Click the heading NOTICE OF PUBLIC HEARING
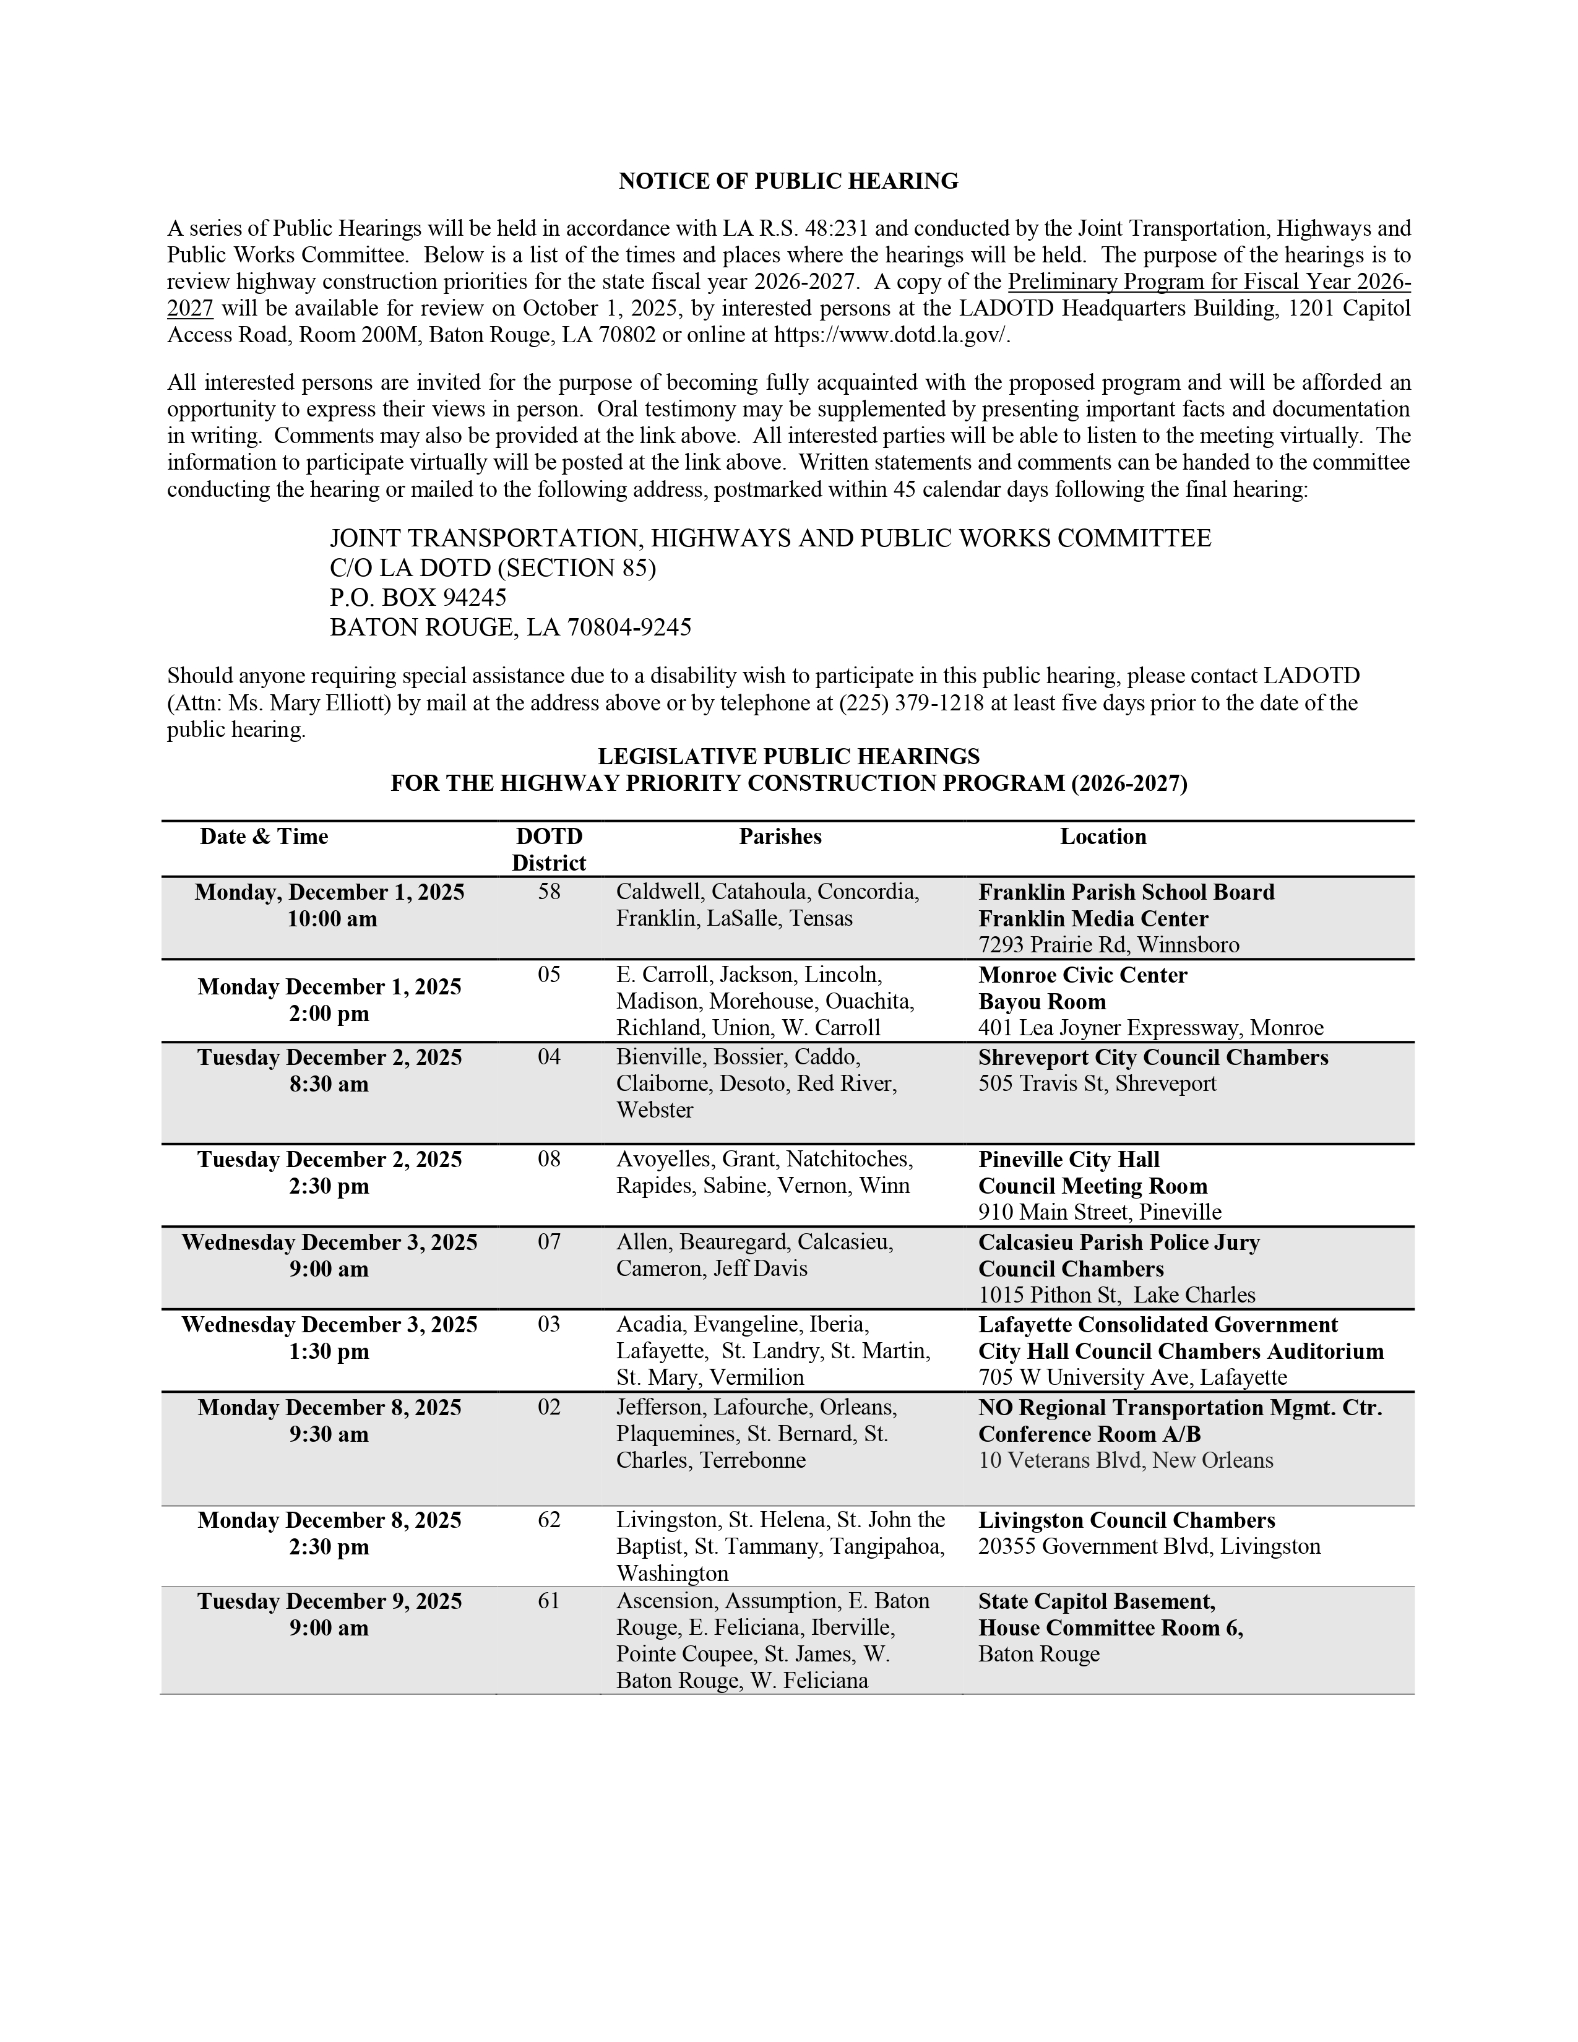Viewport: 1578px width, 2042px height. coord(788,181)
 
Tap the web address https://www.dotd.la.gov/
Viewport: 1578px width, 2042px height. coord(892,335)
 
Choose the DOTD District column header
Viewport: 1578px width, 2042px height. coord(549,850)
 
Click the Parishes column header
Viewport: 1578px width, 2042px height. coord(780,837)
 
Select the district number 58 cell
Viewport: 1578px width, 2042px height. coord(549,892)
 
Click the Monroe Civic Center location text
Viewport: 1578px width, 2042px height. coord(1082,975)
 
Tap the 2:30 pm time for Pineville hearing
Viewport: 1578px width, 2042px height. coord(329,1186)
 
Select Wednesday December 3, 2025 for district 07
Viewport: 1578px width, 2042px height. coord(329,1243)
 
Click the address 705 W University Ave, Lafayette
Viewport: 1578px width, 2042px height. coord(1132,1378)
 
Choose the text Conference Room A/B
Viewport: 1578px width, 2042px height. coord(1089,1434)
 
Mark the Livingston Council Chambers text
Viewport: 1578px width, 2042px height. coord(1126,1520)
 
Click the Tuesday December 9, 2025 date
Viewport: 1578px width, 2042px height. coord(329,1601)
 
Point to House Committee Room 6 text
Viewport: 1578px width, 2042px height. coord(1110,1629)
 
